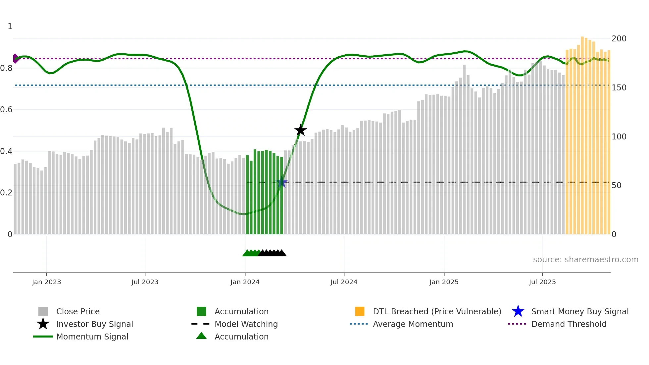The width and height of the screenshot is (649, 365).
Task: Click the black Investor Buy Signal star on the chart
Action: click(x=301, y=130)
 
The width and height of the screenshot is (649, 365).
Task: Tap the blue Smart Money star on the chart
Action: click(x=282, y=182)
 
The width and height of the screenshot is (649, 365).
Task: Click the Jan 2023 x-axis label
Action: click(x=46, y=282)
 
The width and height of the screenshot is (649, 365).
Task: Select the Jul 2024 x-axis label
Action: click(x=344, y=282)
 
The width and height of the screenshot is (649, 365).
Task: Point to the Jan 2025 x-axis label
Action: click(x=444, y=282)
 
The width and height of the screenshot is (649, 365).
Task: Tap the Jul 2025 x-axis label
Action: click(x=542, y=282)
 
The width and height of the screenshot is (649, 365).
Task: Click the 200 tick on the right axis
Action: click(x=619, y=39)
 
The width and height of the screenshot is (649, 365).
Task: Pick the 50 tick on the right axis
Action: click(x=617, y=185)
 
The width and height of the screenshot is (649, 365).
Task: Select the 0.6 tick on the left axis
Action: click(x=6, y=110)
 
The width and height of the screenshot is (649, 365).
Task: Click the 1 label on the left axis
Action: click(x=10, y=26)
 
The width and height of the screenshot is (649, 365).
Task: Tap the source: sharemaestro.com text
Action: click(x=585, y=260)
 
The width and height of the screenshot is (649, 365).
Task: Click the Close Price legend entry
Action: click(x=78, y=311)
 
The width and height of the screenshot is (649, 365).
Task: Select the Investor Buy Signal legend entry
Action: click(x=94, y=324)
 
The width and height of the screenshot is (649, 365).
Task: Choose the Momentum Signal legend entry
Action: click(x=92, y=337)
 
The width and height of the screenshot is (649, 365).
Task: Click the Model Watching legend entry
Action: click(x=246, y=324)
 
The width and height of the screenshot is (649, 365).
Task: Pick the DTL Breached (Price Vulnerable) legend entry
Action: click(x=437, y=311)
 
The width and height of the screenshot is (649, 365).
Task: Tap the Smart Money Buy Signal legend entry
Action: click(x=580, y=311)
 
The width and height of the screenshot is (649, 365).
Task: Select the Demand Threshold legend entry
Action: click(x=569, y=324)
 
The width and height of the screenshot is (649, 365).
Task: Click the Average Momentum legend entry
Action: click(x=413, y=324)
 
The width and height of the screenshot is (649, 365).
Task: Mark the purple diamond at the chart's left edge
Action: click(x=15, y=59)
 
